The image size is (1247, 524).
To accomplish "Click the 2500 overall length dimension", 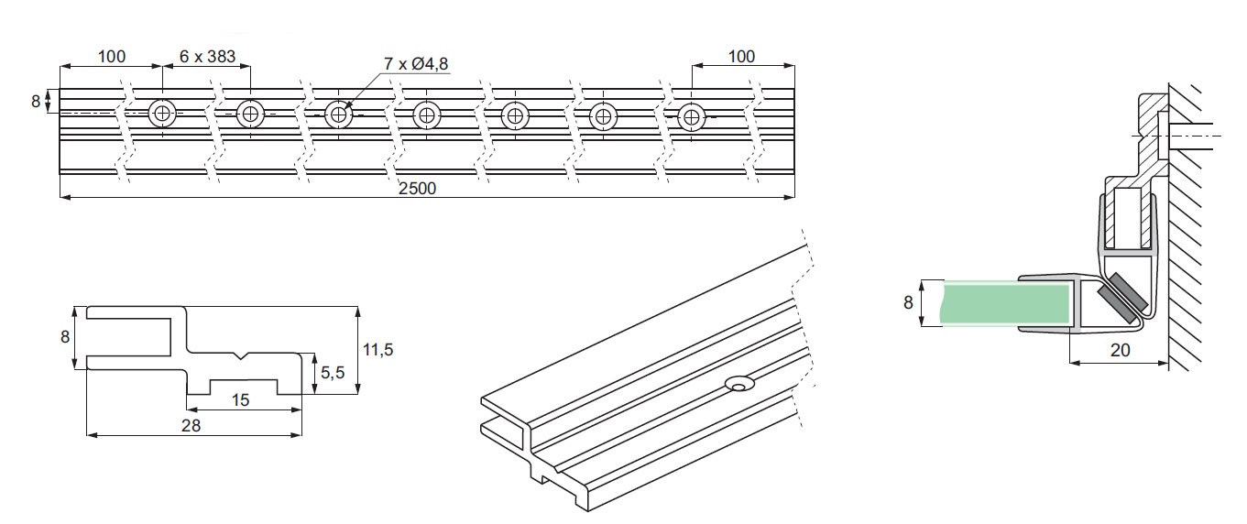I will click(418, 189).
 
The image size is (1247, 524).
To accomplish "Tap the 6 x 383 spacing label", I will click(207, 57).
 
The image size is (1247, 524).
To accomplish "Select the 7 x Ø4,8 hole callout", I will click(417, 63).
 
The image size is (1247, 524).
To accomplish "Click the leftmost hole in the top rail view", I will click(163, 115).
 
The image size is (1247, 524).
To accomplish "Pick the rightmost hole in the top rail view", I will click(691, 115).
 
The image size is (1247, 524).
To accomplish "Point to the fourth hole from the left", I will click(427, 115).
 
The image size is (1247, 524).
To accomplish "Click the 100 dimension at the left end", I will click(111, 57).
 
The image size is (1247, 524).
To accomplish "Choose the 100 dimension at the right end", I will click(741, 57).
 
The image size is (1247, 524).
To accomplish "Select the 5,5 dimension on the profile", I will click(334, 374).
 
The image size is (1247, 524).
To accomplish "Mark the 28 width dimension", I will click(191, 425).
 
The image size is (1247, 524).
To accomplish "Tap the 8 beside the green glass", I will click(908, 302).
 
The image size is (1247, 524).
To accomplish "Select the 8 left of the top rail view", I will click(36, 101).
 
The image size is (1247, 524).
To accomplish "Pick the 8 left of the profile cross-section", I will click(65, 336).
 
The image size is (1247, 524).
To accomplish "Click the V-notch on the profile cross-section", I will click(241, 355).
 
